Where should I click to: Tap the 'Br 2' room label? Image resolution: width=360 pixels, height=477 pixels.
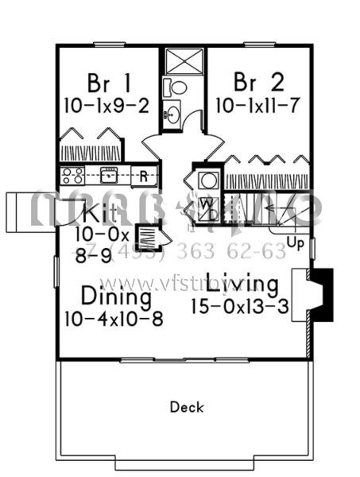click(254, 83)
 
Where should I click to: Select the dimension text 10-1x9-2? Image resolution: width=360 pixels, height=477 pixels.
click(110, 105)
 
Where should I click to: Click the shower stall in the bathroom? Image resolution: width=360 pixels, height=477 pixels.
click(183, 61)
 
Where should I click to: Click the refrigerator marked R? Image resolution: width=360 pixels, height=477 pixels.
click(144, 176)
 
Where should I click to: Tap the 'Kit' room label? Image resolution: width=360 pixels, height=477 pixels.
click(100, 213)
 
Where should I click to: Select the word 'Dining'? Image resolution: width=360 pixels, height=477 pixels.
click(115, 297)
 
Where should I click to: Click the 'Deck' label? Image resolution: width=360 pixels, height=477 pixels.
click(187, 407)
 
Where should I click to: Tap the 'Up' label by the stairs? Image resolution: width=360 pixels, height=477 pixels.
click(295, 242)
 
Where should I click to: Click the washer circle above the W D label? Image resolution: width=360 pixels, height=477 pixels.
click(207, 181)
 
